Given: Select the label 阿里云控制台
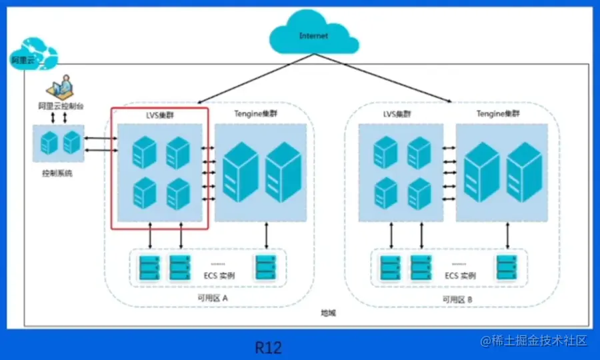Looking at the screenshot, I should [61, 107].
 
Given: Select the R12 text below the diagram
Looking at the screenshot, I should [268, 347].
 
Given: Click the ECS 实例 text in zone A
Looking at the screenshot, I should [217, 275].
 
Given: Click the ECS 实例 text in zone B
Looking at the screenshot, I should [460, 275].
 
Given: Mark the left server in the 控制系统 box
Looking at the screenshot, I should [49, 142].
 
